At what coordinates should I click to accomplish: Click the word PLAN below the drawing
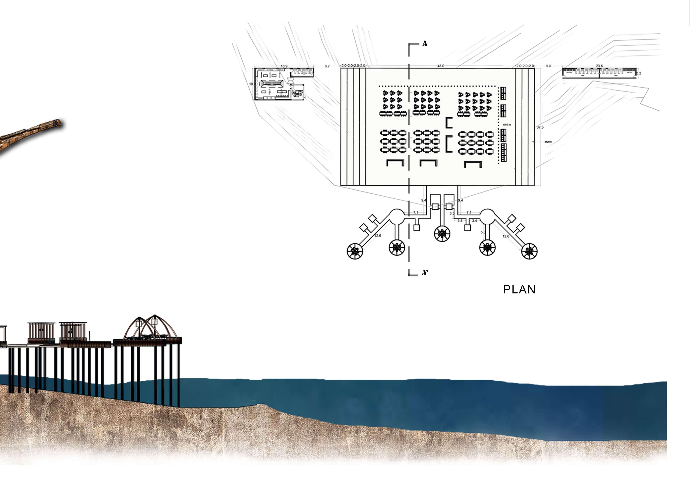click(519, 289)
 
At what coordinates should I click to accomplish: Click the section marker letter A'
click(425, 273)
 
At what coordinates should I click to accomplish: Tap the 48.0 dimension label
click(441, 66)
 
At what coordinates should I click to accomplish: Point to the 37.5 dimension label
click(540, 127)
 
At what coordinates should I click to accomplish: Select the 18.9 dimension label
click(284, 66)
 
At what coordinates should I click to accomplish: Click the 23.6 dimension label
click(599, 66)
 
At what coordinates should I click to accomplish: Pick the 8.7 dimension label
click(327, 66)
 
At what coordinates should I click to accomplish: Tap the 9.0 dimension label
click(548, 66)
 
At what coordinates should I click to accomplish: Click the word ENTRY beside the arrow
click(548, 142)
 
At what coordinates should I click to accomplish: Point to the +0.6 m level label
click(507, 125)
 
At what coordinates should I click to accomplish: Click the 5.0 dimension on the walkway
click(483, 232)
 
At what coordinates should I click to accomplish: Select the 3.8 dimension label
click(460, 221)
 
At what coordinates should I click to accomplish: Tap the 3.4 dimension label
click(475, 221)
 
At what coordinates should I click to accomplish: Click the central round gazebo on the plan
click(442, 234)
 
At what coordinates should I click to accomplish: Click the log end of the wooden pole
click(56, 123)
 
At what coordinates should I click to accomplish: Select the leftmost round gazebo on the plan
click(355, 251)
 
